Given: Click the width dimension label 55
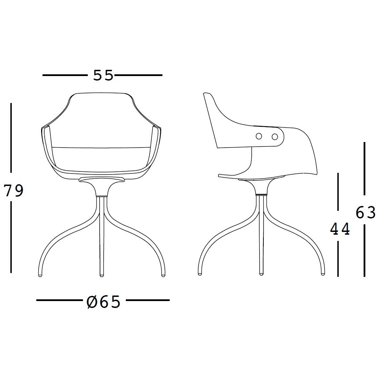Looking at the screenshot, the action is (103, 75).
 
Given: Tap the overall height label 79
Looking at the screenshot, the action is (14, 191).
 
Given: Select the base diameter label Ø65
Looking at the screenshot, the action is (104, 302).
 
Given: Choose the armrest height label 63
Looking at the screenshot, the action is (366, 212).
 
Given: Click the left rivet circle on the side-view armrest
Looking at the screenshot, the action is (259, 137).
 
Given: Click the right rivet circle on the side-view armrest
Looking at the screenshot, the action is (275, 137).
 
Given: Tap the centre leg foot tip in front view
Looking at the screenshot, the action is (102, 275).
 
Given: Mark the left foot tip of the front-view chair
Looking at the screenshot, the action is (40, 275).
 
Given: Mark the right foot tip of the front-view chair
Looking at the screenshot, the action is (163, 275).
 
